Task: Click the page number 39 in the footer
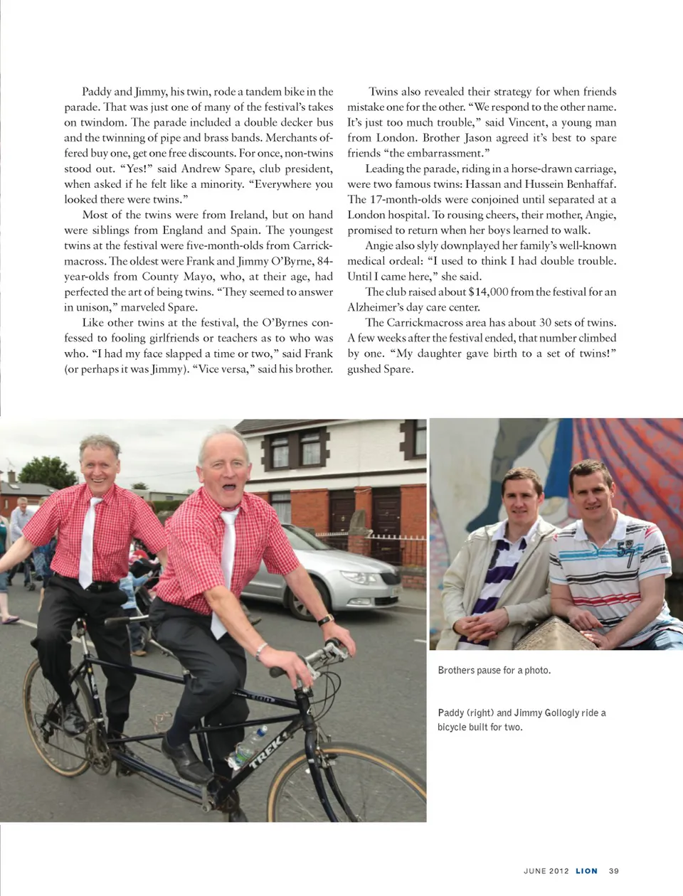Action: [614, 870]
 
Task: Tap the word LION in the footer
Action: [586, 870]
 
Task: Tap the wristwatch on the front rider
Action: [326, 620]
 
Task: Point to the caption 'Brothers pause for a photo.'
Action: [494, 670]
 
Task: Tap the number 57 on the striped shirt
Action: [626, 551]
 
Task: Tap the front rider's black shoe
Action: [185, 759]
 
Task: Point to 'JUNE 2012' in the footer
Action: [546, 870]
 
